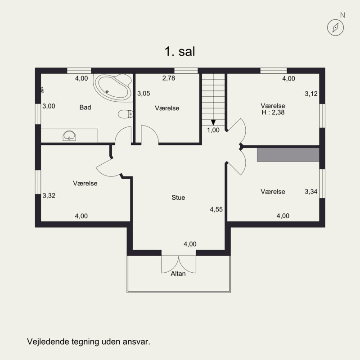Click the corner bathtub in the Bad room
113,87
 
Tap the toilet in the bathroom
126,114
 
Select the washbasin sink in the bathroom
69,136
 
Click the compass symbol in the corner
335,27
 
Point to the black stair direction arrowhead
213,122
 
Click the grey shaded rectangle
288,154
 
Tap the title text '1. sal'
180,51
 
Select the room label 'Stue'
178,198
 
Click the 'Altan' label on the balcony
178,274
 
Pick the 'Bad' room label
85,107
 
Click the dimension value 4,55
216,209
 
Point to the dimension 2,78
169,78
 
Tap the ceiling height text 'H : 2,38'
273,112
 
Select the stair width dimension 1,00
213,130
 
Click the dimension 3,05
144,94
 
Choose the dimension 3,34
311,192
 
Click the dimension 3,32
49,196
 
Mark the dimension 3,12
311,94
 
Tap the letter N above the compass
342,15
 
